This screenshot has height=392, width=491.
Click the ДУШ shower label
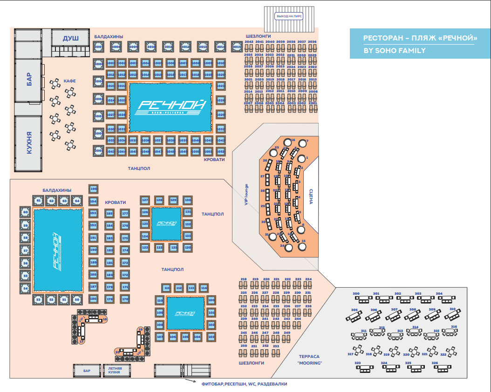pyautogui.click(x=71, y=38)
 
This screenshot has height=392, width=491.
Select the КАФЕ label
pyautogui.click(x=69, y=81)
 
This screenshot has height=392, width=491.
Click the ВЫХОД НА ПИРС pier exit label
pyautogui.click(x=290, y=16)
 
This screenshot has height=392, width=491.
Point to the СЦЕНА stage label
pyautogui.click(x=311, y=196)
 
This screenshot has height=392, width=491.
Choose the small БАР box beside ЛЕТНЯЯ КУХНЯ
pyautogui.click(x=87, y=371)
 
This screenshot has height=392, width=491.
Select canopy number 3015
pyautogui.click(x=236, y=47)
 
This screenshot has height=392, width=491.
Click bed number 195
pyautogui.click(x=94, y=189)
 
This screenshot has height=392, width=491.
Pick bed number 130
pyautogui.click(x=188, y=200)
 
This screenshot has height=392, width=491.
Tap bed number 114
pyautogui.click(x=204, y=288)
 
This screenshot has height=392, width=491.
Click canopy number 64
pyautogui.click(x=77, y=201)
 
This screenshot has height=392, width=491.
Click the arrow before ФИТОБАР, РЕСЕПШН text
pyautogui.click(x=191, y=381)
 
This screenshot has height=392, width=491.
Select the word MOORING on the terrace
pyautogui.click(x=310, y=363)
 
